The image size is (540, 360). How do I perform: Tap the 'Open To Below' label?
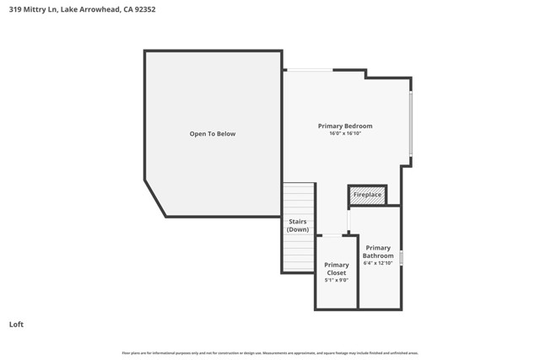click(x=213, y=134)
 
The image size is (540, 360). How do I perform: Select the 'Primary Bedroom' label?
click(x=345, y=126)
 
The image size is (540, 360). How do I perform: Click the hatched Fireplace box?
click(x=367, y=195)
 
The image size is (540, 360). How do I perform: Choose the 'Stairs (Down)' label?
click(x=298, y=225)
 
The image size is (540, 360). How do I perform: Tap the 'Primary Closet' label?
click(x=337, y=269)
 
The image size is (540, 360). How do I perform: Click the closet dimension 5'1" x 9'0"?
click(x=337, y=280)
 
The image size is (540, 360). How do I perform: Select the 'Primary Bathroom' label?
click(x=378, y=251)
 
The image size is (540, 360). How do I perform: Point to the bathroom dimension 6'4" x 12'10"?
click(x=378, y=263)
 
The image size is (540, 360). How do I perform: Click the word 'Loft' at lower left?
click(x=16, y=324)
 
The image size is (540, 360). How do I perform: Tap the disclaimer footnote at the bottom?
click(x=270, y=353)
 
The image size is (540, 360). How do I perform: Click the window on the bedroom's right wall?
click(x=411, y=123)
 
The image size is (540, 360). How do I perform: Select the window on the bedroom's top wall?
click(x=308, y=70)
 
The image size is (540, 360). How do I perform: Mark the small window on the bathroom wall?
click(x=402, y=258)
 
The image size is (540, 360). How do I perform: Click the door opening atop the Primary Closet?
click(x=333, y=235)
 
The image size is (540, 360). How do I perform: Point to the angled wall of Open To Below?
click(x=155, y=197)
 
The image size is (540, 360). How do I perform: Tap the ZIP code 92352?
click(x=144, y=10)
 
